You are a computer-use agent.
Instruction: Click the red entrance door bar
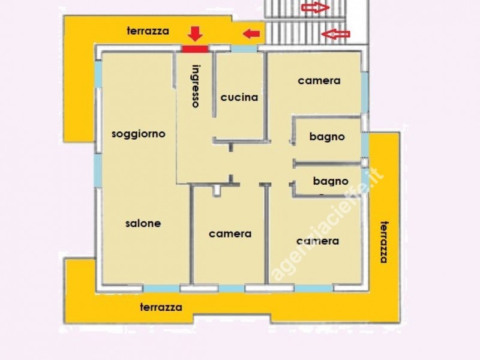(195, 49)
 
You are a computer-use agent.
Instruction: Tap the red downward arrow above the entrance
(195, 34)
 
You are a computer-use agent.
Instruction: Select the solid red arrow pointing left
(251, 32)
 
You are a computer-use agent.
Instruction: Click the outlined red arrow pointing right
(315, 8)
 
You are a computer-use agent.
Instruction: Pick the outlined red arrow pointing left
(336, 34)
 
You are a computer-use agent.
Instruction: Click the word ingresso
(196, 85)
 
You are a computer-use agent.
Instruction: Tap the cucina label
(239, 97)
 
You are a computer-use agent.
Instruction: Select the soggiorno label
(139, 134)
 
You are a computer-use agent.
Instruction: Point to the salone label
(143, 223)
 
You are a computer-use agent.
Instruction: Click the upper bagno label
(327, 137)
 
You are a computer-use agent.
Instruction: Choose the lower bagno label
(331, 180)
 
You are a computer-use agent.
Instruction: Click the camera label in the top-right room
(319, 80)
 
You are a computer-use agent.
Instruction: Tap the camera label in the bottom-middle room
(230, 234)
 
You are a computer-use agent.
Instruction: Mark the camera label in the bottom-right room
(317, 241)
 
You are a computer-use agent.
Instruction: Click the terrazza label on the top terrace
(148, 31)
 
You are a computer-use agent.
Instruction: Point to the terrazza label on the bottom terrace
(161, 307)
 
